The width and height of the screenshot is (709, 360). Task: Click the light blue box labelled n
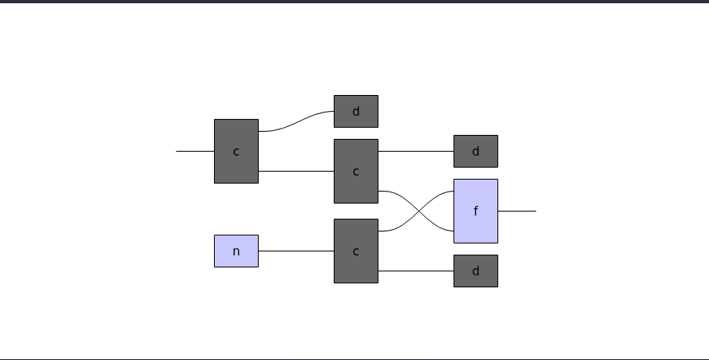tap(236, 251)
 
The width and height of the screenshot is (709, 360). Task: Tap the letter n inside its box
tap(236, 251)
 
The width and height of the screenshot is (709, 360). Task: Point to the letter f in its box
tap(476, 211)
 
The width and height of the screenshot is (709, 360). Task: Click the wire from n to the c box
tap(295, 251)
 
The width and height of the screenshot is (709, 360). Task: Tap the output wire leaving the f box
tap(517, 211)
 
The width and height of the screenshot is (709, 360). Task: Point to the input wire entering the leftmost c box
tap(195, 151)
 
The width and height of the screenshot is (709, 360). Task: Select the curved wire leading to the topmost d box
tap(295, 121)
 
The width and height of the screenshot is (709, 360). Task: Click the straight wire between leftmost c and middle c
tap(295, 171)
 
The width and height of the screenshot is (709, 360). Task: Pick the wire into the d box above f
tap(415, 151)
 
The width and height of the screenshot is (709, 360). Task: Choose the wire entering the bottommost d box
tap(415, 271)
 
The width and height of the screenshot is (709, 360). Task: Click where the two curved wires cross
tap(416, 211)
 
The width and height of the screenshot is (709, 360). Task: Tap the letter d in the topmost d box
tap(355, 112)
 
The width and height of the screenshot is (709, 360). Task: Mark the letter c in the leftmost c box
tap(236, 152)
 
